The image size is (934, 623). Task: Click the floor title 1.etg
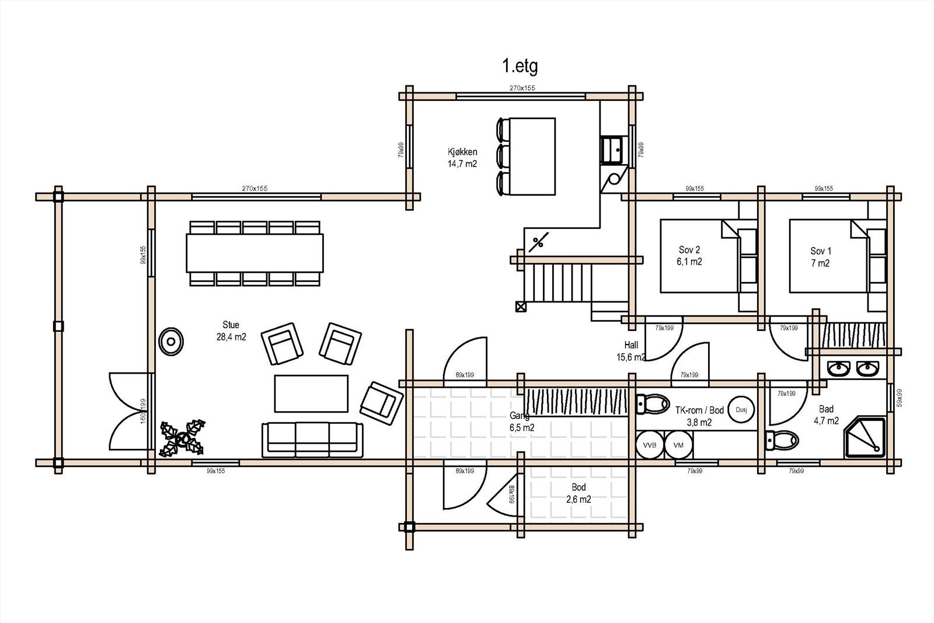click(x=520, y=66)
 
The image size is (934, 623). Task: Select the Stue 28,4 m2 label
click(x=231, y=330)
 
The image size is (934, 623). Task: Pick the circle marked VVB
click(x=649, y=445)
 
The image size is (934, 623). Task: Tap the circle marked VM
click(x=678, y=445)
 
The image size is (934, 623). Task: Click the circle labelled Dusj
click(x=741, y=410)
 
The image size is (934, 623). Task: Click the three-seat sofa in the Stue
click(x=312, y=439)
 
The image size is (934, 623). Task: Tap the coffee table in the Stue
click(x=311, y=394)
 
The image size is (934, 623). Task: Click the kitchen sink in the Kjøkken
click(x=614, y=149)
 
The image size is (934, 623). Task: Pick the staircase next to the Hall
click(x=560, y=283)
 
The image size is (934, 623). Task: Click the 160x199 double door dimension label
click(x=143, y=412)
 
